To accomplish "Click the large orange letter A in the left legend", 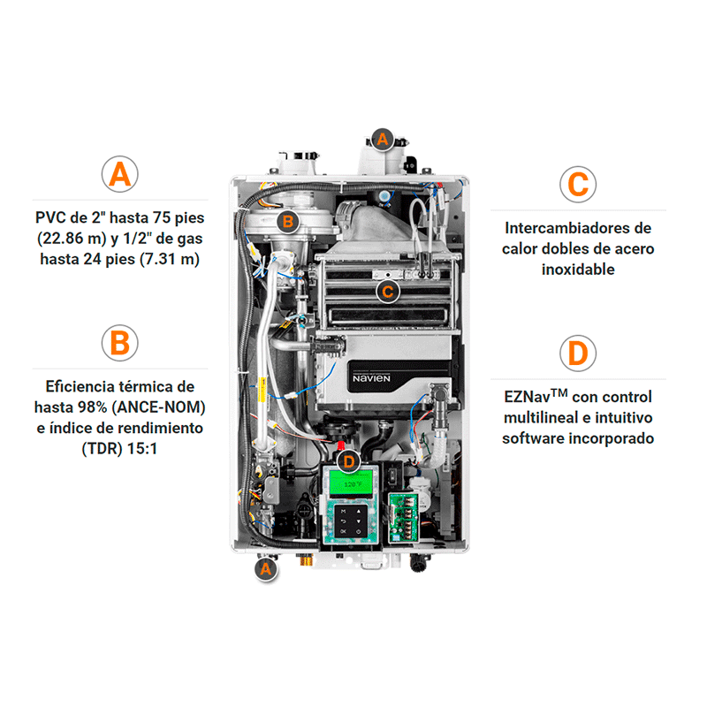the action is click(119, 174).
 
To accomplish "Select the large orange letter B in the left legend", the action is click(120, 343).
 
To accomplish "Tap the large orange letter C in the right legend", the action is click(578, 185).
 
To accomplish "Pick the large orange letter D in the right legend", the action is click(578, 353).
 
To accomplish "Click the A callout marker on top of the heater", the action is click(383, 139).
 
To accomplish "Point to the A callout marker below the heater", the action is click(266, 569).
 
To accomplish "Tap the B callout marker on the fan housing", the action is click(288, 222).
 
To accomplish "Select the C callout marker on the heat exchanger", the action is click(388, 292).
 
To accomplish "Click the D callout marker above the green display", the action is click(348, 461).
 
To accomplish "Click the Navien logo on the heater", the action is click(371, 378).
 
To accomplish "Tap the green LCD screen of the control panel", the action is click(351, 483).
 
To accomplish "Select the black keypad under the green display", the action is click(351, 521).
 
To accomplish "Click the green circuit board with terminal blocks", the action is click(404, 517).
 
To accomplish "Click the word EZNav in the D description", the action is click(527, 397).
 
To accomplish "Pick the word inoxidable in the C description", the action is click(578, 270).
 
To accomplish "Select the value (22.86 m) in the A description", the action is click(72, 238).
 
